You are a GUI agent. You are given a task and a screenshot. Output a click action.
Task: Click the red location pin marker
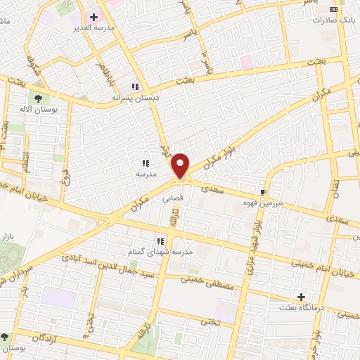click(181, 165)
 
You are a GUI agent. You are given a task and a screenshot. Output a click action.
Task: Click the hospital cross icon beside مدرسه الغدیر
click(93, 15)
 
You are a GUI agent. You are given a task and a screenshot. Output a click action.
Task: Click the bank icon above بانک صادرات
click(333, 8)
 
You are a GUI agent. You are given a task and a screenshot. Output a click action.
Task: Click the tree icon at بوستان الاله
click(36, 98)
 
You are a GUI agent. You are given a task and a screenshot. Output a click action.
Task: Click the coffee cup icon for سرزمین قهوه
click(264, 191)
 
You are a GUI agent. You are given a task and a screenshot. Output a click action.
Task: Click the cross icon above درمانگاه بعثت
click(302, 297)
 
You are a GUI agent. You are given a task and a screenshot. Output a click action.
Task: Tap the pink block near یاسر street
click(246, 63)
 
